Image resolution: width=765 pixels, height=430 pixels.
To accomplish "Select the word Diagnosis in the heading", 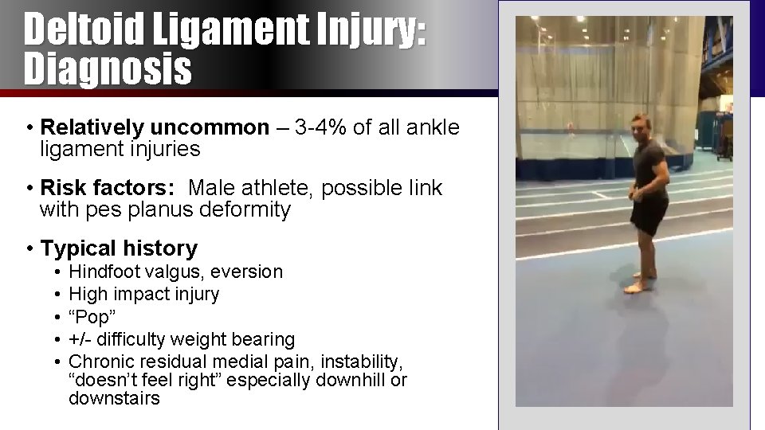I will pos(108,68).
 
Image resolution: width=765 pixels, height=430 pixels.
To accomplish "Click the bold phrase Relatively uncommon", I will pos(155,127).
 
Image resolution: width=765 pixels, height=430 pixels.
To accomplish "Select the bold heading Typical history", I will pos(119,248).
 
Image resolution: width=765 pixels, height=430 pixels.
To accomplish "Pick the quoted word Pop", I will pos(90,317).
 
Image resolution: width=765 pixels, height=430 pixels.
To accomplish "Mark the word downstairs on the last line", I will pos(114,398).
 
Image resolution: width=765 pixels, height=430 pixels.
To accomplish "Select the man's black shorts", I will pos(649,213).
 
